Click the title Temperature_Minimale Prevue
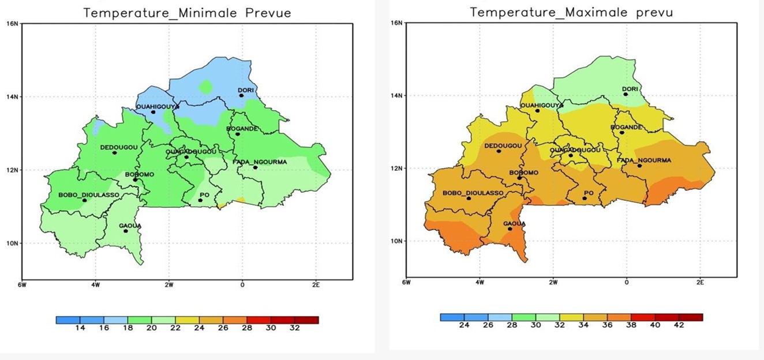[187, 12]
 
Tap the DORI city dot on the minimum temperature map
[241, 95]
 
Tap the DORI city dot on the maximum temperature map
[626, 94]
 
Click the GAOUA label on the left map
[130, 226]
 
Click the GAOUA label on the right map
[514, 223]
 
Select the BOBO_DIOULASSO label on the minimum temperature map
[89, 195]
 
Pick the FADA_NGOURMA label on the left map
[260, 162]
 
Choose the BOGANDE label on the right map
[626, 127]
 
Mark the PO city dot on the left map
[200, 200]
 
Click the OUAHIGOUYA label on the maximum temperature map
[541, 105]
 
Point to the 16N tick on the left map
[12, 24]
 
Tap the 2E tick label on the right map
[700, 283]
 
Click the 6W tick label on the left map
[22, 284]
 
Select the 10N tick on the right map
[396, 241]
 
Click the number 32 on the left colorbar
[294, 328]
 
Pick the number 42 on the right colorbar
[679, 325]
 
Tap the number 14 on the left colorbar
[80, 328]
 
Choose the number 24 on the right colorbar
[463, 325]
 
